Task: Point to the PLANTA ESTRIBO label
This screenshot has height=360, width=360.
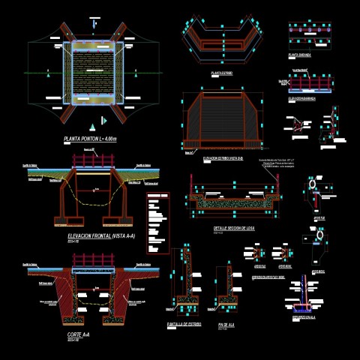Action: [221, 73]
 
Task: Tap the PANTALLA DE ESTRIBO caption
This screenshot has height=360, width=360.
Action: [184, 324]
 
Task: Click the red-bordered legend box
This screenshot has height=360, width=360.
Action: [157, 223]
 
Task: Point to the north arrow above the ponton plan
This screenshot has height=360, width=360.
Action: [93, 25]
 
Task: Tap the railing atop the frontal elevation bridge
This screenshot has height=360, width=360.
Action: [93, 160]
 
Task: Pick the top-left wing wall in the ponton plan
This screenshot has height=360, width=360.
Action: [57, 33]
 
